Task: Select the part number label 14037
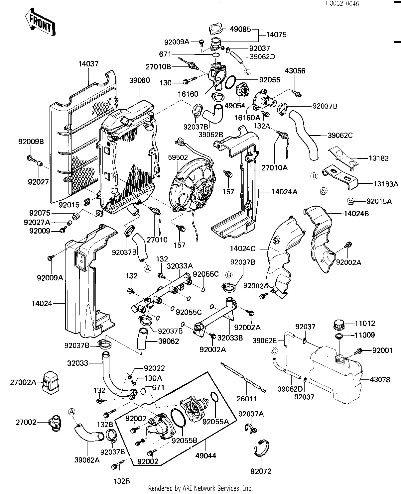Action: [88, 64]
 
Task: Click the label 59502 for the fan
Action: [178, 157]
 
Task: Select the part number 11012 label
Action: [365, 323]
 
